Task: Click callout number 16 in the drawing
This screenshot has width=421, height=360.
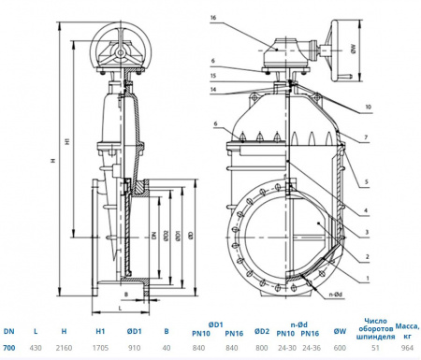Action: click(213, 18)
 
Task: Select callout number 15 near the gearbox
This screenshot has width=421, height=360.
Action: click(213, 75)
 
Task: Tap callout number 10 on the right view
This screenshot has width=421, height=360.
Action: click(369, 108)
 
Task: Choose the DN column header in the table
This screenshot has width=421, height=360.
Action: click(9, 331)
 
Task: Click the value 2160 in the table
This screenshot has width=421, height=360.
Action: click(64, 348)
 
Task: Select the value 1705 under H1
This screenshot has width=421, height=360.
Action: click(99, 348)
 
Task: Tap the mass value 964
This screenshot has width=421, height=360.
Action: click(406, 348)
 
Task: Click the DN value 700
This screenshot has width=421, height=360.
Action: click(9, 348)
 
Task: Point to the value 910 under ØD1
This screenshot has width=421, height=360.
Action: click(134, 348)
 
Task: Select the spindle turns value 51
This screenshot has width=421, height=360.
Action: click(374, 348)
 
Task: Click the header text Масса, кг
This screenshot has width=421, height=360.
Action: click(406, 326)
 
